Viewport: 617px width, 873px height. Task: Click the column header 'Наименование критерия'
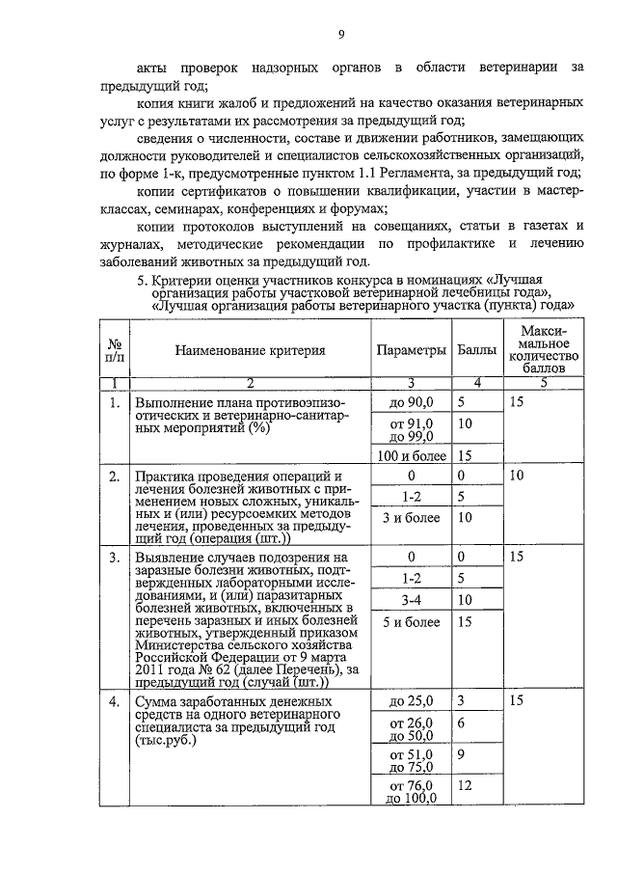pyautogui.click(x=250, y=351)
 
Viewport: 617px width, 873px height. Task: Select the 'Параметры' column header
pyautogui.click(x=412, y=351)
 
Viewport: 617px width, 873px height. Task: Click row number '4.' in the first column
pyautogui.click(x=116, y=700)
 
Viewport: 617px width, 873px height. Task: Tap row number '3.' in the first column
pyautogui.click(x=116, y=557)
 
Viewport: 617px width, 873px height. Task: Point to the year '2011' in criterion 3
pyautogui.click(x=151, y=669)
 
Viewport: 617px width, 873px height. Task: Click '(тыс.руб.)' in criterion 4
pyautogui.click(x=166, y=744)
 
